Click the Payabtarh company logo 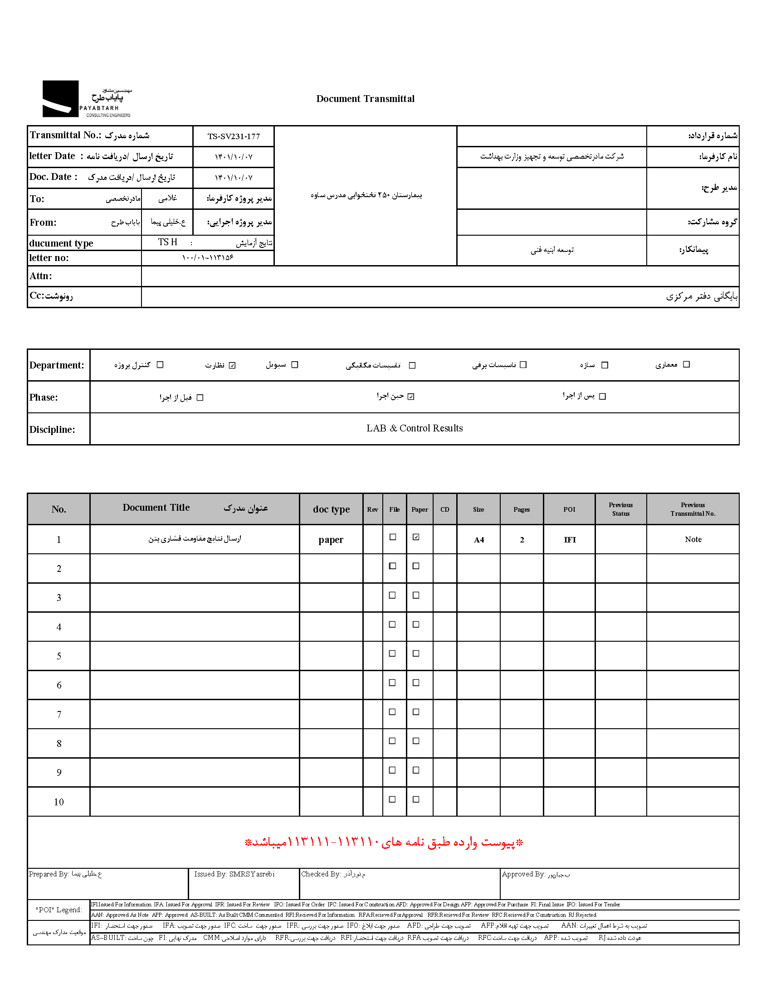click(x=86, y=99)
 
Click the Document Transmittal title click(x=365, y=99)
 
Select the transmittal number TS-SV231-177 click(x=234, y=136)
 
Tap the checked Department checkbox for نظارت click(x=232, y=365)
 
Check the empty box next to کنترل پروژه click(x=160, y=365)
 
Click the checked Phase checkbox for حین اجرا click(x=410, y=397)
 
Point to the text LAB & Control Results click(x=414, y=428)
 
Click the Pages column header click(x=521, y=509)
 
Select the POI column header click(x=569, y=509)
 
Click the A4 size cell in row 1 click(x=478, y=540)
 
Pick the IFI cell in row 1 click(x=570, y=540)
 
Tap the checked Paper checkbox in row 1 click(x=415, y=537)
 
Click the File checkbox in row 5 click(x=392, y=653)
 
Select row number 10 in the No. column click(x=59, y=802)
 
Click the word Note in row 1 click(x=693, y=540)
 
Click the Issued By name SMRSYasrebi click(x=252, y=874)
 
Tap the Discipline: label click(x=52, y=430)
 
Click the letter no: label click(x=49, y=258)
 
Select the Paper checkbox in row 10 click(x=415, y=799)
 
